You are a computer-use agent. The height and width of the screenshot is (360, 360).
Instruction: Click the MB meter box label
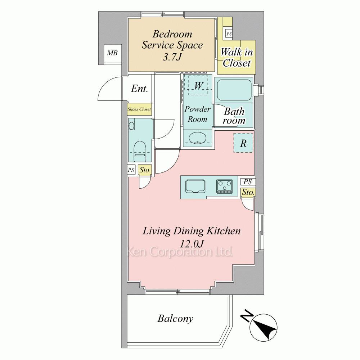click(112, 53)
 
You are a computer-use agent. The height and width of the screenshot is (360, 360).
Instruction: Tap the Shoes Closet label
click(139, 109)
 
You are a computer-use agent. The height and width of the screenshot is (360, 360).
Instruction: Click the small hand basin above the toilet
click(131, 126)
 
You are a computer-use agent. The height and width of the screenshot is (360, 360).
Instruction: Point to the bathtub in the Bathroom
click(234, 90)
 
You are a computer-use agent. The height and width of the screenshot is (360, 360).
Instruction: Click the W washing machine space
click(198, 85)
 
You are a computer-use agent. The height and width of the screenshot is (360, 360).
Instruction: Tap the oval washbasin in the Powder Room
click(197, 138)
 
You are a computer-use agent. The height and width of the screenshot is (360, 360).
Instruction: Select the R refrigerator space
click(243, 143)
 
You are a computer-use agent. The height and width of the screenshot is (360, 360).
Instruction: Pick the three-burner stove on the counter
click(224, 186)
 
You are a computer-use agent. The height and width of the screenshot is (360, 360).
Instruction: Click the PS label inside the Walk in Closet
click(229, 34)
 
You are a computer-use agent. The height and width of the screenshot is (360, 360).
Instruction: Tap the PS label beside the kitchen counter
click(248, 182)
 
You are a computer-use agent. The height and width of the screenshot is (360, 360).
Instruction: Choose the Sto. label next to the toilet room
click(145, 170)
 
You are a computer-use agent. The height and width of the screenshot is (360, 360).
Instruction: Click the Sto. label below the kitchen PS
click(248, 192)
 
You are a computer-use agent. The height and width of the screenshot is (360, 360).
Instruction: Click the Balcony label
click(175, 319)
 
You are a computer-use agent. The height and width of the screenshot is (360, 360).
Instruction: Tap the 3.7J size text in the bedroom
click(172, 57)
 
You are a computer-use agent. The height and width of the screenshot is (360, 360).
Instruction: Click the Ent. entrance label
click(139, 89)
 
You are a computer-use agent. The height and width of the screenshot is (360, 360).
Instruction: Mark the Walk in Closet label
click(237, 57)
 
